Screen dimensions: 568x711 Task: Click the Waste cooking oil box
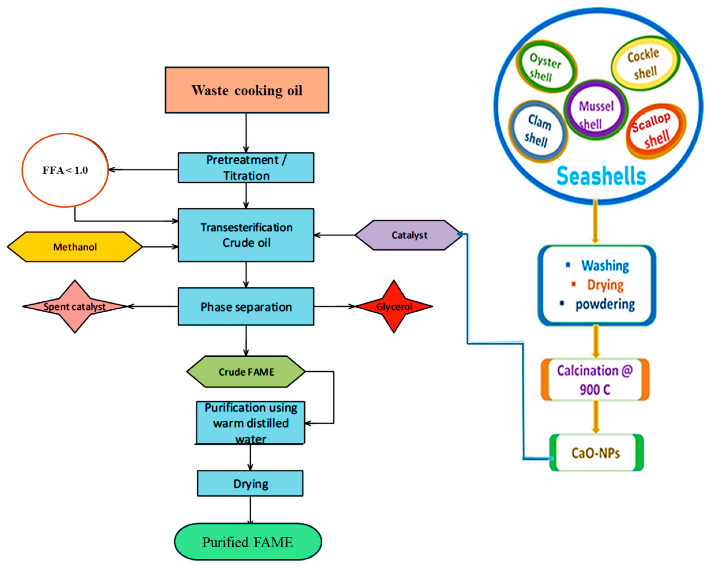coord(247,90)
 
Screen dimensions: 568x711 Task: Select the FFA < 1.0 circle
coord(65,170)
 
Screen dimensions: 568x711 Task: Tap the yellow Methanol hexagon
coord(75,247)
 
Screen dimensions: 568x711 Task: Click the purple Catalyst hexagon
coord(409,235)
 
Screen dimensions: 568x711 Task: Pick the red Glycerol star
coord(394,306)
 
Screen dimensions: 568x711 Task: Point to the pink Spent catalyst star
coord(75,306)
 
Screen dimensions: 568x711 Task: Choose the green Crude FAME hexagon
coord(246,372)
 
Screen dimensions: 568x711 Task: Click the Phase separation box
coord(246,307)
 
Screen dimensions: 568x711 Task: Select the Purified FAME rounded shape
coord(248,542)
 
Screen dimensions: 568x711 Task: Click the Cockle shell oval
coord(645,64)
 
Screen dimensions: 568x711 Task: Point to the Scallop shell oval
coord(656,131)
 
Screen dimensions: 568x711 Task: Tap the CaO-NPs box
coord(596,453)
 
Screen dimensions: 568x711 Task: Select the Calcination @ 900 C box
coord(595,380)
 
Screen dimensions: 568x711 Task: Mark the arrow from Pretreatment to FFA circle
coord(144,170)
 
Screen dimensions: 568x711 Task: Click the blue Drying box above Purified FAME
coord(250,483)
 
